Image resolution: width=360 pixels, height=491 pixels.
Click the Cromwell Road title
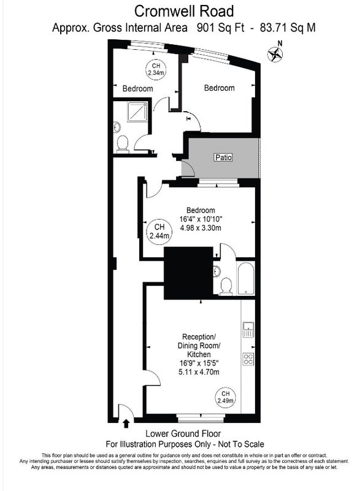tap(184, 11)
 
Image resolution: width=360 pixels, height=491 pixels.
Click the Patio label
tap(224, 157)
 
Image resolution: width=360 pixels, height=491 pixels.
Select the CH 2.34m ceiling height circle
tap(156, 69)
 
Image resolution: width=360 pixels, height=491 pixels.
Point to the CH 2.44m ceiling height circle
tap(159, 231)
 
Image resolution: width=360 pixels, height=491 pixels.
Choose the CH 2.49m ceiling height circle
tap(226, 397)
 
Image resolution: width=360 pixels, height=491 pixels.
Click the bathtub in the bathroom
tap(246, 278)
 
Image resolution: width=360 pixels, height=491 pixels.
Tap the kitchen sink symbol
tap(248, 330)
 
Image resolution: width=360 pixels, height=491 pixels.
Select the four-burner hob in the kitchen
tap(248, 359)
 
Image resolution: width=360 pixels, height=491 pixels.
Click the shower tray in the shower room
tap(137, 112)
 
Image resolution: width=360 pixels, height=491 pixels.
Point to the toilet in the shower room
tap(123, 144)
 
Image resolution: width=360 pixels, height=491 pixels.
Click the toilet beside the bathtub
tap(226, 287)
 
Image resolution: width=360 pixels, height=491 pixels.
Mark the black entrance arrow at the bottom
tap(126, 423)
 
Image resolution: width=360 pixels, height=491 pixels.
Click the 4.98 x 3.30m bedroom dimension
tap(201, 228)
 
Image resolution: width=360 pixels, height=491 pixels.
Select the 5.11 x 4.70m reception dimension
tap(199, 372)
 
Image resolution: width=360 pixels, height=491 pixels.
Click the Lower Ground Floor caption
tap(183, 434)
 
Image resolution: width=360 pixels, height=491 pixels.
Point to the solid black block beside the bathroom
tap(189, 273)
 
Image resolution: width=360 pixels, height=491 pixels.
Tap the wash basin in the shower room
tap(117, 128)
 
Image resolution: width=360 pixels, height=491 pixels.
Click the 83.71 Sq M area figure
tap(288, 28)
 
